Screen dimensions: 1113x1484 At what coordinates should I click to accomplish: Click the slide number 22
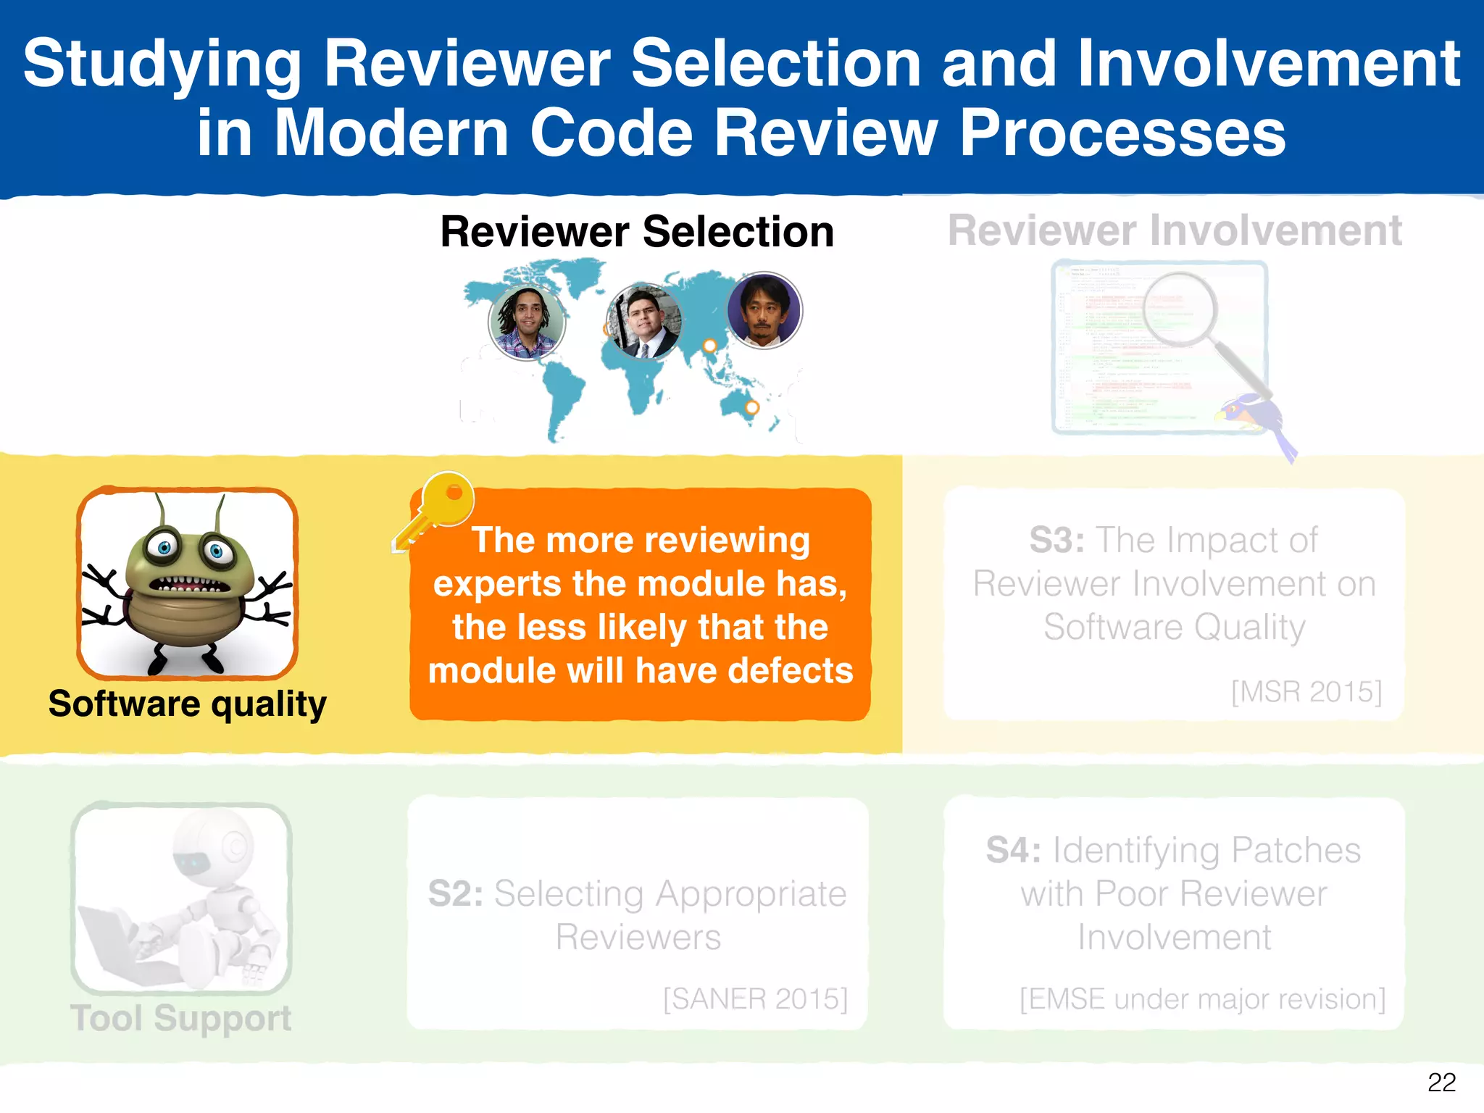click(x=1441, y=1082)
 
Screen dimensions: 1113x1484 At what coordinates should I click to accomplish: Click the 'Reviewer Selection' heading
click(x=637, y=232)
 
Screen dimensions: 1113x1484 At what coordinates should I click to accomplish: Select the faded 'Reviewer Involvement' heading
click(x=1175, y=231)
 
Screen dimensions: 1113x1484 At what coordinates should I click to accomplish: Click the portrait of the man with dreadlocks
click(x=526, y=322)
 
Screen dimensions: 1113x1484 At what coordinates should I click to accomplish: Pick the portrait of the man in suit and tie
click(x=643, y=322)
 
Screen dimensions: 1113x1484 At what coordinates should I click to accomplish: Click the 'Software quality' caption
click(x=187, y=704)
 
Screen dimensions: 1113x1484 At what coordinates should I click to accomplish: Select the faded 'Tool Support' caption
click(x=181, y=1018)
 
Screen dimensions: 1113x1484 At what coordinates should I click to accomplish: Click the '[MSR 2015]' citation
click(x=1306, y=691)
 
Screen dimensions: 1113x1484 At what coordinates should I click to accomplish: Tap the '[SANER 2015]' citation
click(x=755, y=999)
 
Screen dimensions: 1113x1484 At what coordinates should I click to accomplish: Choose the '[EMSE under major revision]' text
click(x=1202, y=999)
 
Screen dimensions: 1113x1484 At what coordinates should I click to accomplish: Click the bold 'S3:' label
click(x=1056, y=541)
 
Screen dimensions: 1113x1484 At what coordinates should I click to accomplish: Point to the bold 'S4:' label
click(x=1013, y=851)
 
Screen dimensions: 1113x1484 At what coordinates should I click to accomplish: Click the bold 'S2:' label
click(x=455, y=894)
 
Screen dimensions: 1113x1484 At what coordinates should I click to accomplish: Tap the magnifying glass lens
click(x=1180, y=309)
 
